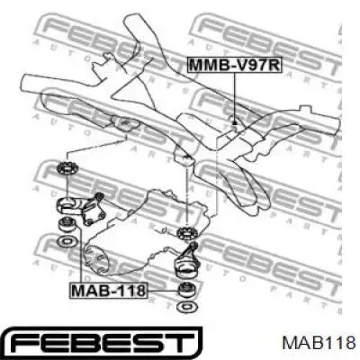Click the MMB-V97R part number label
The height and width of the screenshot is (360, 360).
[235, 65]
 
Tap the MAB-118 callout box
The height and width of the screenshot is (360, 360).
[109, 291]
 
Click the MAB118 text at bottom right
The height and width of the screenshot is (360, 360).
[319, 343]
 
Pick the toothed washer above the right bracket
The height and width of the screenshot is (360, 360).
[188, 234]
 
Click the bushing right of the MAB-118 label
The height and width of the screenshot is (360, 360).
[187, 291]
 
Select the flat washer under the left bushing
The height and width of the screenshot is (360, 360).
[67, 240]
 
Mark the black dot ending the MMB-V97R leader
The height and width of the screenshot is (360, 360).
[235, 122]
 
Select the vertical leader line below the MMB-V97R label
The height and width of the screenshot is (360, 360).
[235, 96]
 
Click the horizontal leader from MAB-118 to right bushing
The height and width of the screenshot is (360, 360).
[163, 291]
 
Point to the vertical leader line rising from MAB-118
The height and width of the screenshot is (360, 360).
[80, 256]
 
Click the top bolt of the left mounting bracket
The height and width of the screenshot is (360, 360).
[99, 196]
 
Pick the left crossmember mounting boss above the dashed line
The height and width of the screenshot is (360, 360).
[126, 124]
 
